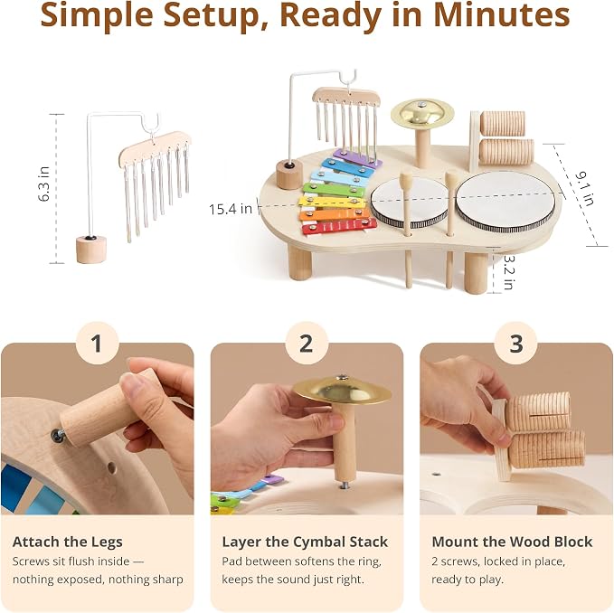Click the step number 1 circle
click(97, 344)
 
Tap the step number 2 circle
click(307, 344)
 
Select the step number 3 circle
click(515, 344)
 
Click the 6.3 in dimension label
click(43, 184)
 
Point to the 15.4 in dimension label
click(231, 209)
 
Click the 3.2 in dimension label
click(508, 272)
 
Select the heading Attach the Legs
click(67, 542)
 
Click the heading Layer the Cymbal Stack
click(305, 542)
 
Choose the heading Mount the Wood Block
click(512, 542)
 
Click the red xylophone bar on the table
click(339, 226)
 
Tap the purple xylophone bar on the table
click(357, 157)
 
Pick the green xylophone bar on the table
click(334, 190)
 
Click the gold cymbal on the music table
click(422, 113)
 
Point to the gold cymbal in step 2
click(342, 390)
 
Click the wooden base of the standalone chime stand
click(90, 250)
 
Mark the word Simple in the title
click(97, 16)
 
